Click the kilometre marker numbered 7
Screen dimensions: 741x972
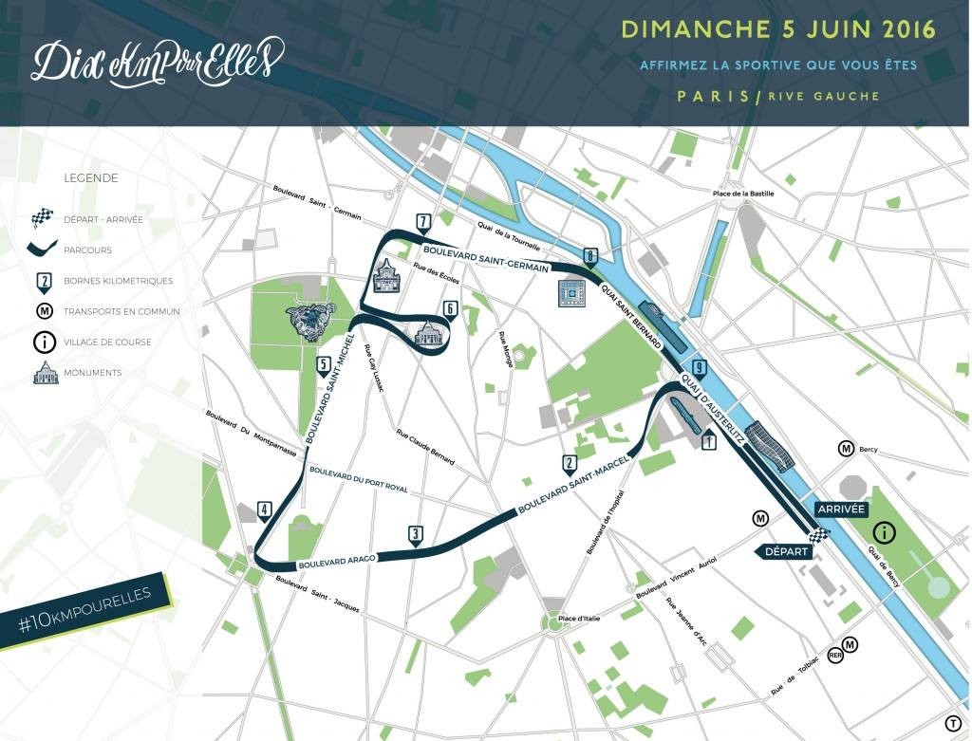(x=423, y=224)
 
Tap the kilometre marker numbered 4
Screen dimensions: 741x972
(x=264, y=510)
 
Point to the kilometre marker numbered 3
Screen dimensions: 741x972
(x=415, y=535)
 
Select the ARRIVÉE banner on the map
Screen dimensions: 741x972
(x=839, y=509)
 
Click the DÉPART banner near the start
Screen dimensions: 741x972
(x=783, y=551)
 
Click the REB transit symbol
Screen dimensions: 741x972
(x=835, y=656)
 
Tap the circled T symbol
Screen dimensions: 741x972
(x=952, y=724)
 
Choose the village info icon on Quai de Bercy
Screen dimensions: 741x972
(x=884, y=532)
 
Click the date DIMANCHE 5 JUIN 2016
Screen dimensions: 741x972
(x=777, y=28)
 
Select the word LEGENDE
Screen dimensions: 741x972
(x=90, y=177)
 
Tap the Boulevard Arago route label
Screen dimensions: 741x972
(x=337, y=561)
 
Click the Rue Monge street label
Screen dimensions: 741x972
(x=503, y=349)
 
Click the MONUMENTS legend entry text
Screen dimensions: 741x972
(x=92, y=373)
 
